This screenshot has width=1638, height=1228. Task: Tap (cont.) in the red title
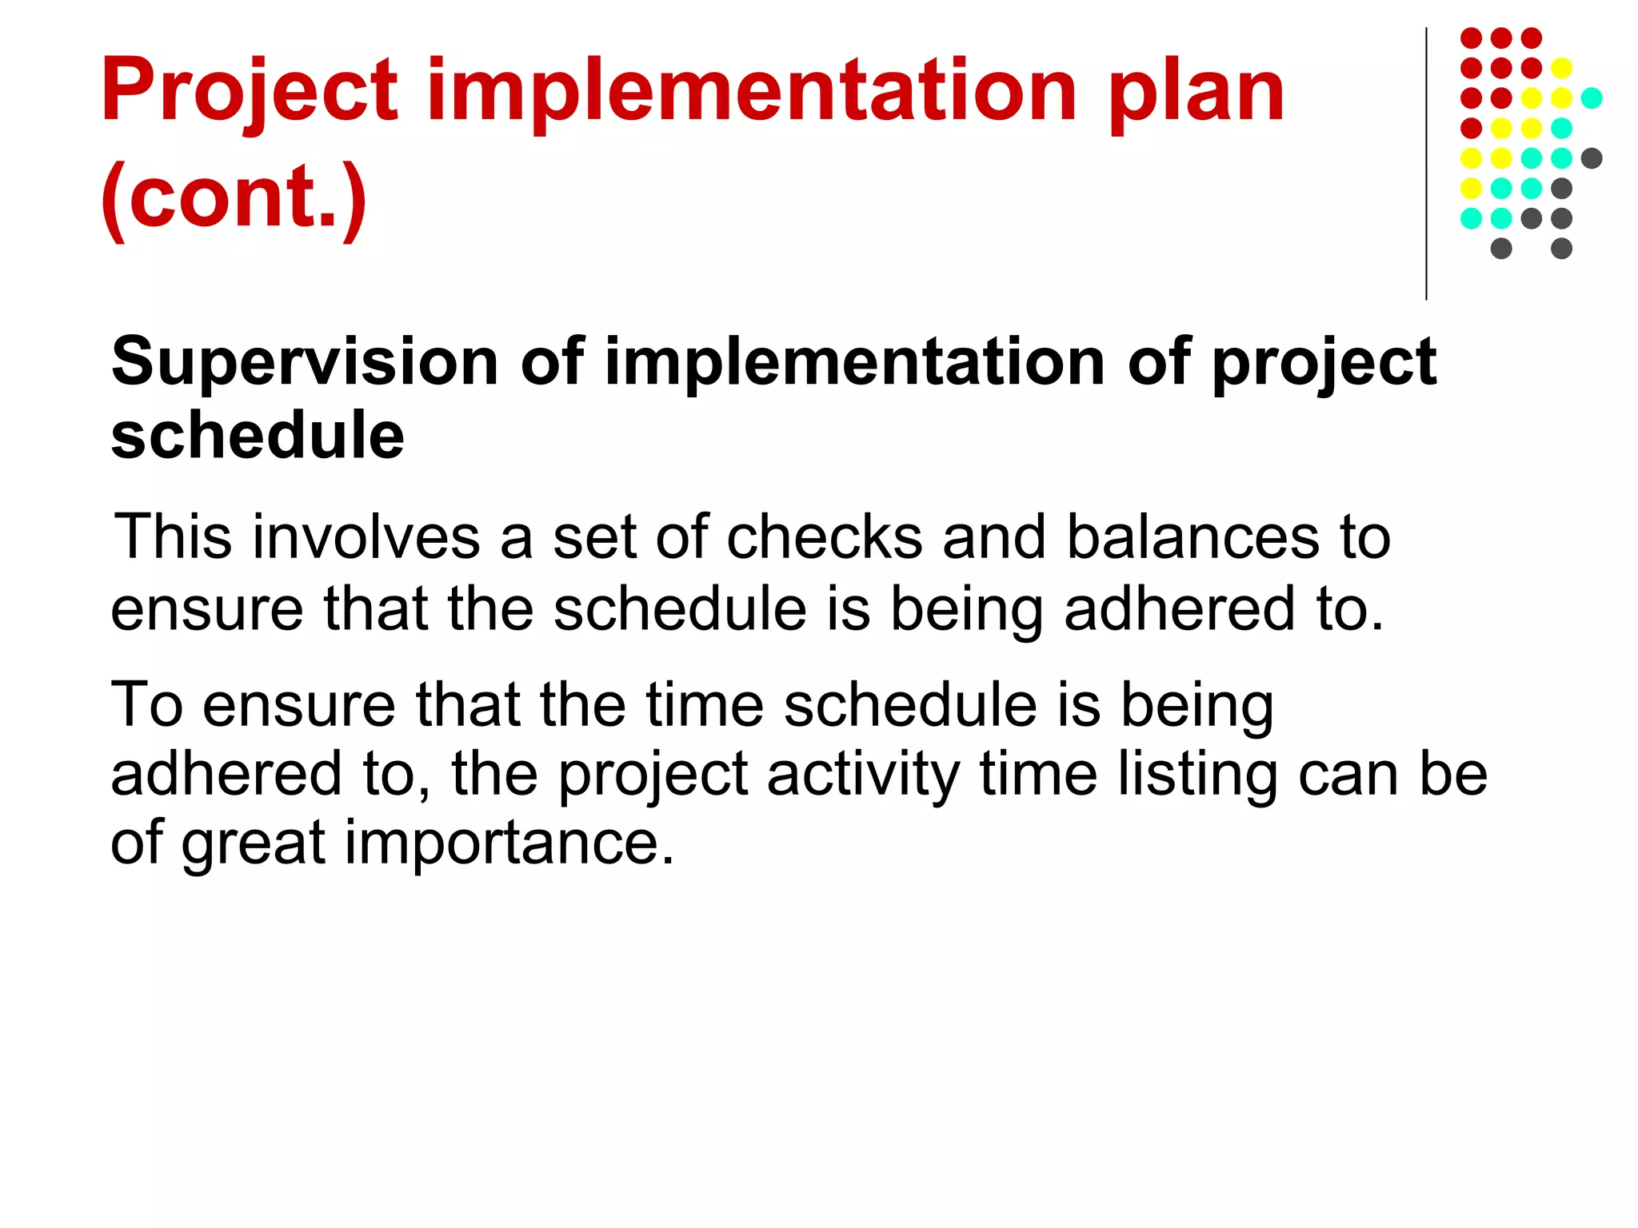pyautogui.click(x=234, y=196)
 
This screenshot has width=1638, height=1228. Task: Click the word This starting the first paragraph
pyautogui.click(x=174, y=537)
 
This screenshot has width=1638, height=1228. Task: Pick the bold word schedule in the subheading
pyautogui.click(x=258, y=436)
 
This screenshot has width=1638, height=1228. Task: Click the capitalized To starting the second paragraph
pyautogui.click(x=147, y=705)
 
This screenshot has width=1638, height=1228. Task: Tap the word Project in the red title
pyautogui.click(x=250, y=92)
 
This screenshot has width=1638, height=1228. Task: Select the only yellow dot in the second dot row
pyautogui.click(x=1561, y=68)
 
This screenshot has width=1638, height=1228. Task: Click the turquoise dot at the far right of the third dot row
pyautogui.click(x=1592, y=98)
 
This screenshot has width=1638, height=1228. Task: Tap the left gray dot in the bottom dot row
pyautogui.click(x=1501, y=248)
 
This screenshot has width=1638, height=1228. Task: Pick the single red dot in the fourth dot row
pyautogui.click(x=1471, y=128)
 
